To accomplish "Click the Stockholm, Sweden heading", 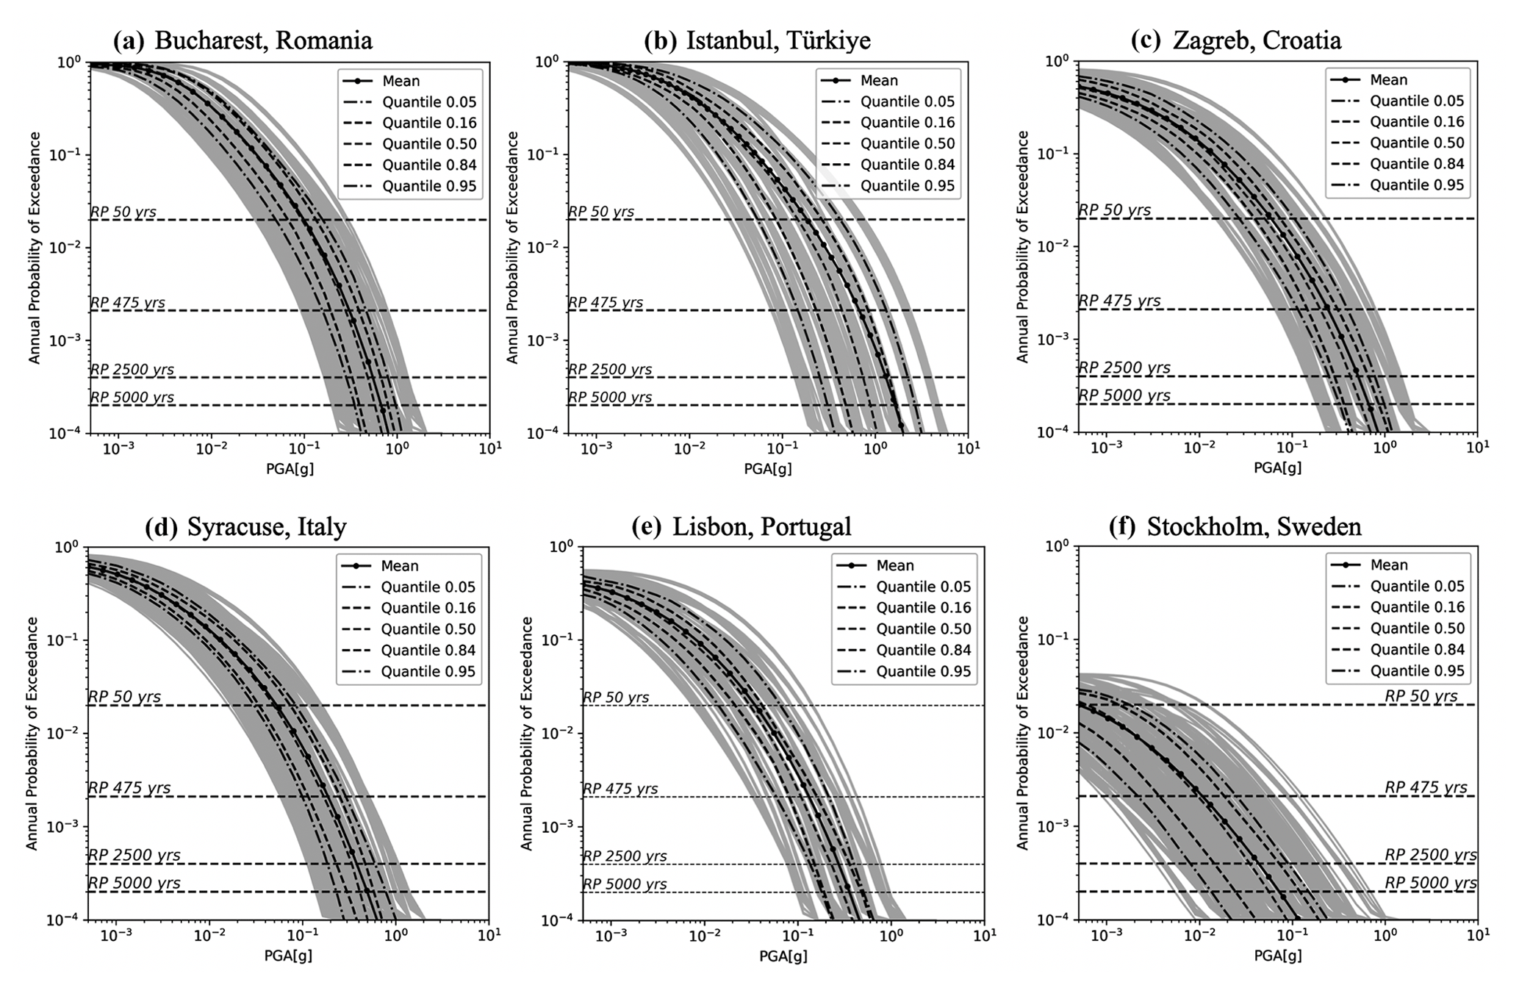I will tap(1254, 526).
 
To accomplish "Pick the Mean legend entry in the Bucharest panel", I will tap(401, 81).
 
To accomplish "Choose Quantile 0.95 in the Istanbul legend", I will tap(907, 186).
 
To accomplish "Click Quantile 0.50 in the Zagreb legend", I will tap(1417, 143).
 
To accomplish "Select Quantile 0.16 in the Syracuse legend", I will tap(428, 608).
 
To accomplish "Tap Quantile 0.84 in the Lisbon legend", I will tap(923, 651).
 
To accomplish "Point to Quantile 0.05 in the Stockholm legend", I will tap(1417, 587).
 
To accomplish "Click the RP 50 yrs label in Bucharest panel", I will tap(123, 212).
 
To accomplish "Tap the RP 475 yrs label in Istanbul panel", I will tap(606, 303).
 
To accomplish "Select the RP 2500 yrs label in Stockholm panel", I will tap(1430, 855).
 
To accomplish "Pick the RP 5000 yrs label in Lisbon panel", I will tap(625, 884).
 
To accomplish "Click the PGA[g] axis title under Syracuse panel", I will tap(288, 956).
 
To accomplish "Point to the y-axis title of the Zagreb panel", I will tap(1022, 247).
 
